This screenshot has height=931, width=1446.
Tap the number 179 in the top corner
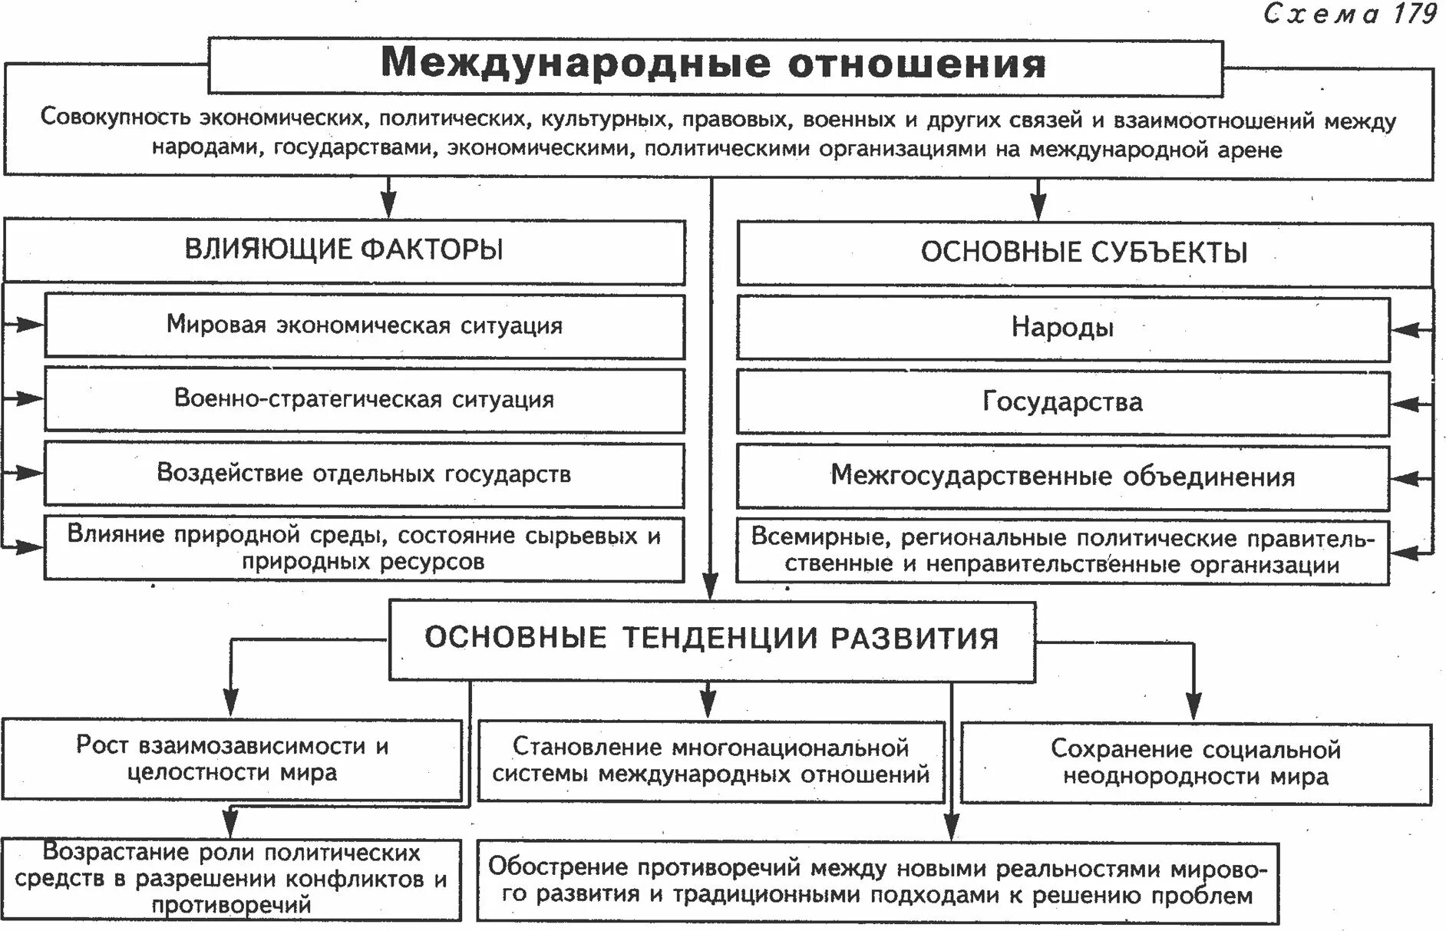coord(1415,15)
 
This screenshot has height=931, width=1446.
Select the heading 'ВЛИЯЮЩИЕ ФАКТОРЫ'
coord(344,250)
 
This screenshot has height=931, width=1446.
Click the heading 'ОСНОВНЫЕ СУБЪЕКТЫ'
coord(1084,253)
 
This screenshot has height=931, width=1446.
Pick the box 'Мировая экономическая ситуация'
coord(365,325)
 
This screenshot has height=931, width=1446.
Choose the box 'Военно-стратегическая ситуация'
coord(365,399)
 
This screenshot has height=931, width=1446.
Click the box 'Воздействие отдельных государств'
coord(365,474)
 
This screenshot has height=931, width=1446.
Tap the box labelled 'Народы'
coord(1062,328)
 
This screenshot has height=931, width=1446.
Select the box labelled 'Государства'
coord(1062,402)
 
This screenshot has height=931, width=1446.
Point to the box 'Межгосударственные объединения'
coord(1062,477)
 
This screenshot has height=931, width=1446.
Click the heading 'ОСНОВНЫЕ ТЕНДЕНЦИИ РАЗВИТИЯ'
coord(711,639)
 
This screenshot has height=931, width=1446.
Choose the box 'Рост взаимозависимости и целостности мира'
coord(232,759)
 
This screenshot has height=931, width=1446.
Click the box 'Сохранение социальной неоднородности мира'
coord(1195,763)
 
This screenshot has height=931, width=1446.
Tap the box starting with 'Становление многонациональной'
coord(711,761)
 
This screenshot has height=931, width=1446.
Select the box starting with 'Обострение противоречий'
coord(877,881)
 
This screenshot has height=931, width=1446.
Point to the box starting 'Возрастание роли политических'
coord(231,879)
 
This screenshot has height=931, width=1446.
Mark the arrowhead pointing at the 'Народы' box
coord(1404,330)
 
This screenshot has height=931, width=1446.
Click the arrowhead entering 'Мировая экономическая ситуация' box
coord(31,325)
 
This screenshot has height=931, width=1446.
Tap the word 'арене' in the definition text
coord(1250,150)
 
